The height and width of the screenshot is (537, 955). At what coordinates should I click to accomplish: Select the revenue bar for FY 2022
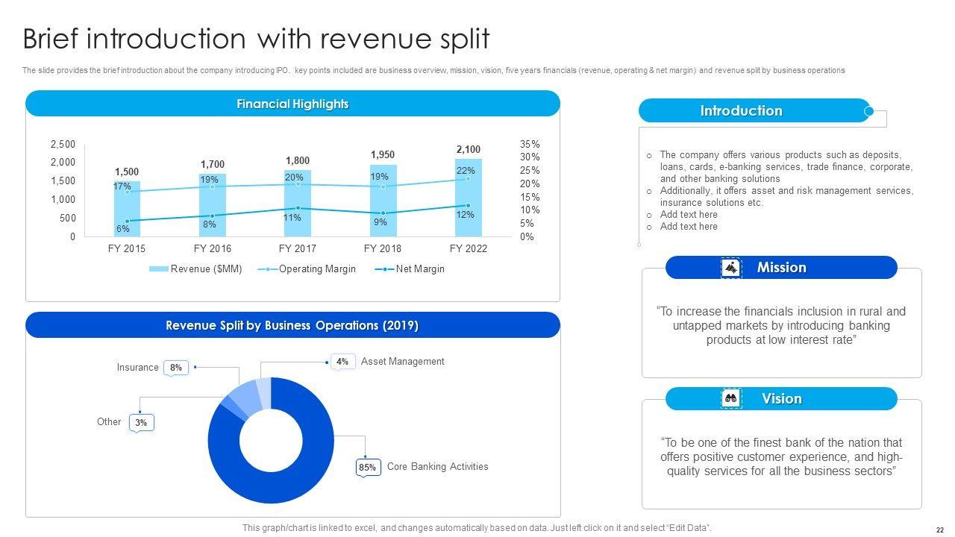(469, 224)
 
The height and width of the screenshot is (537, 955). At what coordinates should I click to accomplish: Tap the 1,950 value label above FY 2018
(383, 154)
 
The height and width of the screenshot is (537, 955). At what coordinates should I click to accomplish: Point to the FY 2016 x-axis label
(213, 248)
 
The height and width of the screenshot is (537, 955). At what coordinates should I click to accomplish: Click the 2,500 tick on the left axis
(63, 144)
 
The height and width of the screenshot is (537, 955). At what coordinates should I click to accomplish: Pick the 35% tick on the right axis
(530, 144)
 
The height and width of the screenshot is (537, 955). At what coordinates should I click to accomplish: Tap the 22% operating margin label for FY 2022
(466, 171)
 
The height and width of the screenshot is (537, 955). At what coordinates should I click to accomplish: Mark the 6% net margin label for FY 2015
(122, 229)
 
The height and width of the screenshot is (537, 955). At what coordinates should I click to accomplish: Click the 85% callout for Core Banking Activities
(367, 468)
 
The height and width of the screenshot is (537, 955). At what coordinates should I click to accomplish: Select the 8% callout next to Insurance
(176, 368)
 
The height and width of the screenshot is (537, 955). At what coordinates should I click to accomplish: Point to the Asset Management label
(402, 362)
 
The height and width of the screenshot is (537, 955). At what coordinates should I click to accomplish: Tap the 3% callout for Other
(141, 423)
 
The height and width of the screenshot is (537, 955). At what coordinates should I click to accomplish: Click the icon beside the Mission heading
(731, 268)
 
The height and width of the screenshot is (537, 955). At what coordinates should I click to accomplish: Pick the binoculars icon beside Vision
(731, 399)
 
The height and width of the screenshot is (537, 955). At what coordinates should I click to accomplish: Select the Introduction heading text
(741, 111)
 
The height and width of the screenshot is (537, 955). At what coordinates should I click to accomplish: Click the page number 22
(939, 527)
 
